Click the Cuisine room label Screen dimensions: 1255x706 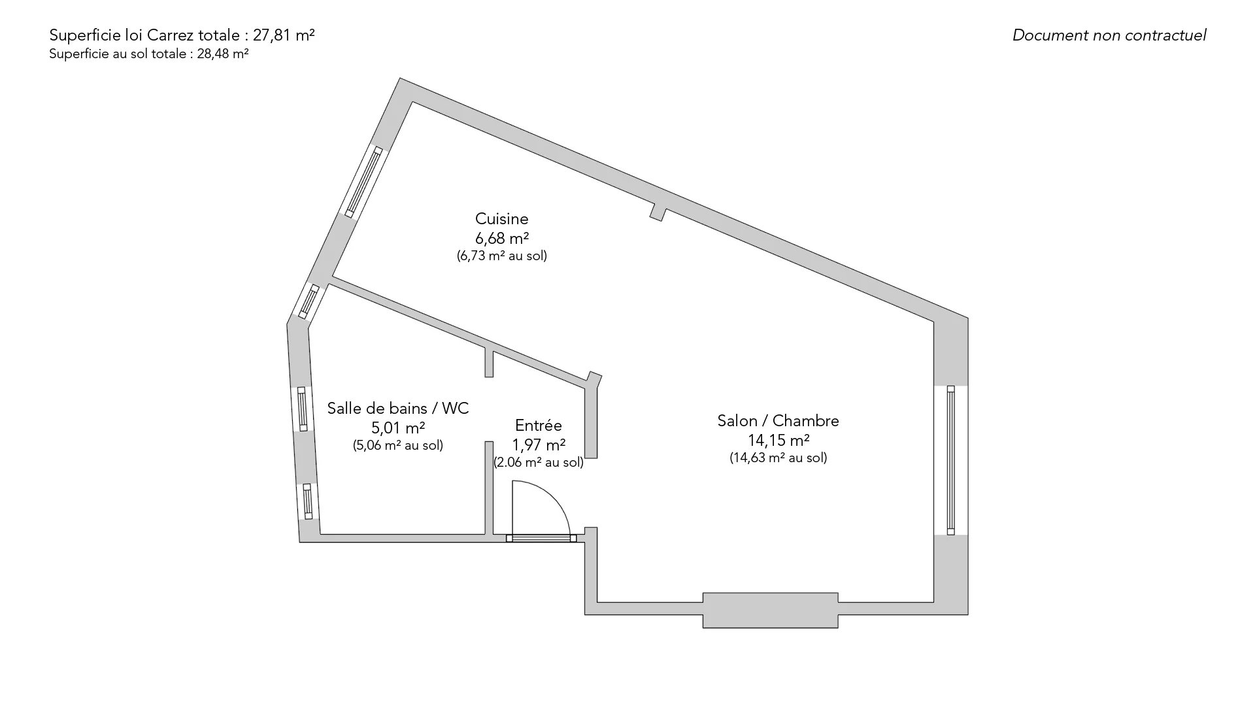[501, 218]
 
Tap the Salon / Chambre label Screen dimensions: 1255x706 [778, 420]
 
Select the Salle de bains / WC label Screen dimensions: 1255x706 [398, 408]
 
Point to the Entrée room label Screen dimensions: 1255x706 [538, 426]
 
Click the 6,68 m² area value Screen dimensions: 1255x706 [501, 238]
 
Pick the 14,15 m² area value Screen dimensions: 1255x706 [778, 439]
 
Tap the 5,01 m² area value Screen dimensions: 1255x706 [398, 428]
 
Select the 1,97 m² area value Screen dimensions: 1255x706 [539, 445]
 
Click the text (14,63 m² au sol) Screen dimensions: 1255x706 [778, 458]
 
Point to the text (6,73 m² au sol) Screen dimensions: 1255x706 [501, 256]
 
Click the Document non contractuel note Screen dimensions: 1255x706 [1109, 35]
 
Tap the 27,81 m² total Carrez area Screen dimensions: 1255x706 [284, 35]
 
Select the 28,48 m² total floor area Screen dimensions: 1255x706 [223, 54]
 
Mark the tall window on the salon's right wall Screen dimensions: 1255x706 [950, 460]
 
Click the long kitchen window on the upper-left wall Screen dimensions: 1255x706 [363, 182]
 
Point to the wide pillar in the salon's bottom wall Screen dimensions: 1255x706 [770, 610]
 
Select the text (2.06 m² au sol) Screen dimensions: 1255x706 [539, 462]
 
